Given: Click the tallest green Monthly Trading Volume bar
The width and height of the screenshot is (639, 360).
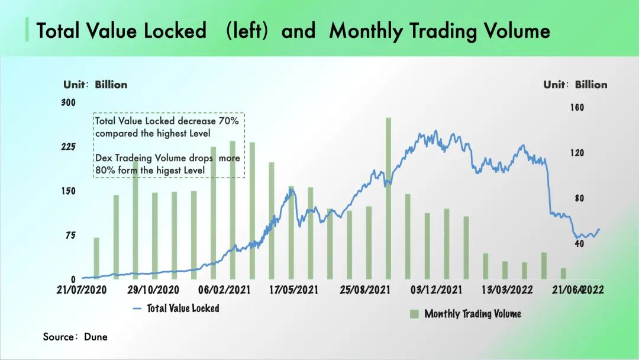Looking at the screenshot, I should tap(388, 198).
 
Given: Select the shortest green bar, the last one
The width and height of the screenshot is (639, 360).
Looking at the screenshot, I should tap(563, 273).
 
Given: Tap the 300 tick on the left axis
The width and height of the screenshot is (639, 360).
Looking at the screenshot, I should tap(69, 102).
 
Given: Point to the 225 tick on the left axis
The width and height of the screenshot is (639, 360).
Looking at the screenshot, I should tap(69, 147).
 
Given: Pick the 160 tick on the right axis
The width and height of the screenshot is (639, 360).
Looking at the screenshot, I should tap(576, 108).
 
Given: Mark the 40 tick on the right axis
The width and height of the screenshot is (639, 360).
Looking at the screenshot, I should tap(579, 243).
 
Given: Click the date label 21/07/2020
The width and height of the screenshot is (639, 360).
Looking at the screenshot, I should tap(82, 290).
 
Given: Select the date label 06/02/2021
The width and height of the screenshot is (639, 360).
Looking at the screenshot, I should tap(224, 290).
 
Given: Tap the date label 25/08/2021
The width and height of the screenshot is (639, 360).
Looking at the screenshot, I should tap(365, 290).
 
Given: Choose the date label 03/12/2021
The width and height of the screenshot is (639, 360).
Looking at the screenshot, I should tap(436, 290).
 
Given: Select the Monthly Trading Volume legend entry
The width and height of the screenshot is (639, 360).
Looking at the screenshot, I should tap(472, 313).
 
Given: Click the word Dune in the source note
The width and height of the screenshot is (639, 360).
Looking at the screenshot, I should tap(95, 336).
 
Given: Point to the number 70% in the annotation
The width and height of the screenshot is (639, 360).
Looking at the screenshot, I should tap(228, 121).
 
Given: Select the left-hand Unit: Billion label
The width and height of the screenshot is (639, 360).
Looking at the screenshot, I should tap(95, 85).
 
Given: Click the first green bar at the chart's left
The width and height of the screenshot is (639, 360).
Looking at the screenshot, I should tap(96, 258).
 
